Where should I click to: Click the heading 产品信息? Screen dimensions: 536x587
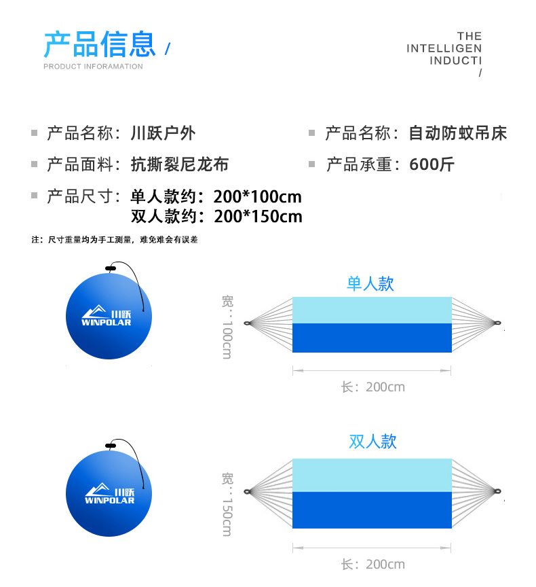pos(100,44)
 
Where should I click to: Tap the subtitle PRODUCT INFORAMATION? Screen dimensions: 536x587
pos(93,67)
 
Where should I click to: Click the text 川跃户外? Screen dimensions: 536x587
pos(163,133)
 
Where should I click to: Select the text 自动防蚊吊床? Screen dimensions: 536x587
pos(458,133)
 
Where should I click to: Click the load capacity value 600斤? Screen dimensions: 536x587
pos(432,164)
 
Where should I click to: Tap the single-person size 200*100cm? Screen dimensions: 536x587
pos(257,197)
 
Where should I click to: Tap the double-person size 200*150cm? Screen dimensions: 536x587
pos(257,217)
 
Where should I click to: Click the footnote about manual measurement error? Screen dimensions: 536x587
pos(115,240)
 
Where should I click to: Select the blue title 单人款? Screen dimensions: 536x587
pos(370,283)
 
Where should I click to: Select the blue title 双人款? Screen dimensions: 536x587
pos(372,442)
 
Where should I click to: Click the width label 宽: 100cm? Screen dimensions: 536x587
pos(227,327)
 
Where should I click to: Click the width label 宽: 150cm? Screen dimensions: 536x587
pos(227,504)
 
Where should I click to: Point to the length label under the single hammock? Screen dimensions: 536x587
pos(372,387)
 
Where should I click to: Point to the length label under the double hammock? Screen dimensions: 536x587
pos(372,565)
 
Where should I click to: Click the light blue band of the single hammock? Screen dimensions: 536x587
pos(372,310)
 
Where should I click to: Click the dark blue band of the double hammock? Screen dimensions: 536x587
pos(372,510)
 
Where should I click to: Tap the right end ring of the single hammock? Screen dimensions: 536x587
pos(497,323)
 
